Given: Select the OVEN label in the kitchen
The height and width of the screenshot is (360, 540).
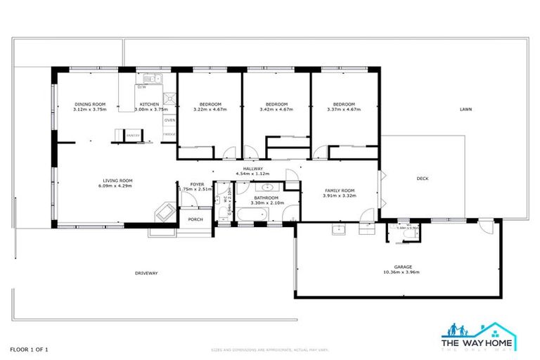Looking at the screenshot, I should (x=169, y=120).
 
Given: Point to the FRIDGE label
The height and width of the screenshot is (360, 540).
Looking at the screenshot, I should (x=169, y=134).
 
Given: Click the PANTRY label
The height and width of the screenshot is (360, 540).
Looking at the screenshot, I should (x=131, y=134).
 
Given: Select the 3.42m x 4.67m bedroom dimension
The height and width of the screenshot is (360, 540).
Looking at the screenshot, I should (x=274, y=110).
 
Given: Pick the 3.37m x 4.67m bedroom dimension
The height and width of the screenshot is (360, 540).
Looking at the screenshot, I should (x=344, y=110).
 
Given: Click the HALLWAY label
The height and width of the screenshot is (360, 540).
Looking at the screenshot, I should (x=253, y=169).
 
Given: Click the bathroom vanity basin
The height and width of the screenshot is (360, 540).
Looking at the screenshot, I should (x=268, y=188).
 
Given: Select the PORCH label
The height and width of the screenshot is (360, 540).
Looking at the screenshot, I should (x=195, y=219).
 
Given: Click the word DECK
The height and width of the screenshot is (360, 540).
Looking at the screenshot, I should (x=422, y=179).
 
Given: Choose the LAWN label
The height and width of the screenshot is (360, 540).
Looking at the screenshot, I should (x=465, y=110).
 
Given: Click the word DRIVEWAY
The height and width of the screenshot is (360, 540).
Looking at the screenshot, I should (x=146, y=273).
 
